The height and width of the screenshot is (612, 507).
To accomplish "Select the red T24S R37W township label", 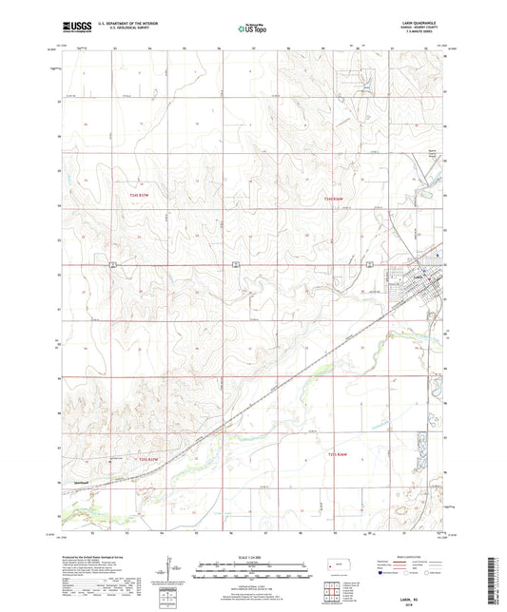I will (139, 194).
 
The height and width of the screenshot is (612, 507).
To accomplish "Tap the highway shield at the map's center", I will (234, 263).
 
